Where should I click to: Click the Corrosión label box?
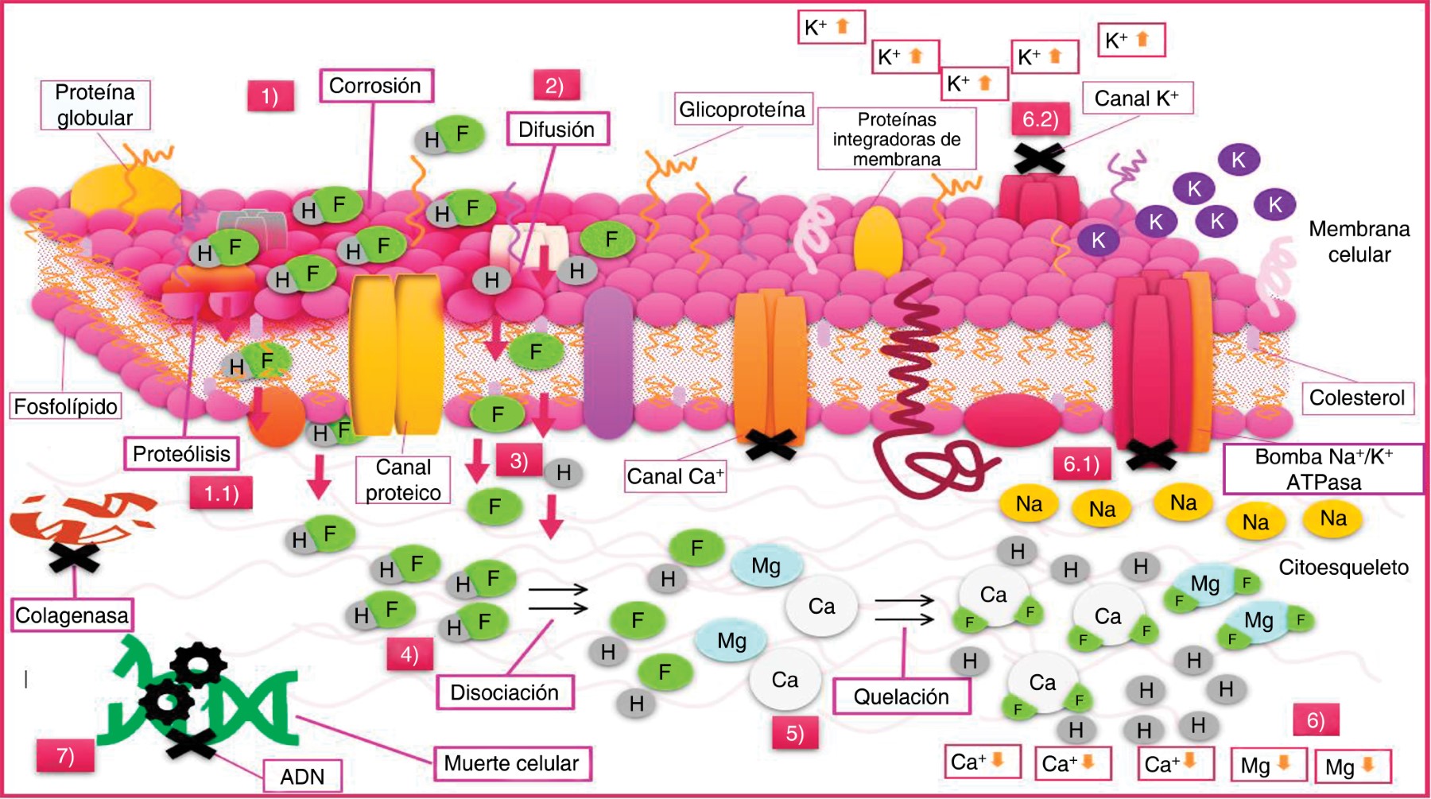(x=376, y=86)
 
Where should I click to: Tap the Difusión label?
(x=557, y=130)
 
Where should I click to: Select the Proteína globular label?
(x=95, y=105)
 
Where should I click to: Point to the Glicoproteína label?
(x=743, y=110)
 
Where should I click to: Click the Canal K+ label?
(x=1137, y=99)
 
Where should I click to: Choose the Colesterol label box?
(x=1357, y=398)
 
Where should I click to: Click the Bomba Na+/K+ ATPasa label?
(x=1323, y=469)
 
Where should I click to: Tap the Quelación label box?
(x=902, y=696)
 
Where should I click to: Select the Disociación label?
(x=505, y=692)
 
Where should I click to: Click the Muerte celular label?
(x=512, y=763)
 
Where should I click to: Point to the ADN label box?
(x=303, y=776)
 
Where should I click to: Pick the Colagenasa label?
(x=72, y=615)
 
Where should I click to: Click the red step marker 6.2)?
(x=1040, y=119)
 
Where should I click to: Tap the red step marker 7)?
(x=65, y=755)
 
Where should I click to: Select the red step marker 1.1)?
(x=221, y=494)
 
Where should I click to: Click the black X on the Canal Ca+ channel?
(x=770, y=445)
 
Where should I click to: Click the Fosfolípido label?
(x=66, y=406)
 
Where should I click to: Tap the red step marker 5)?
(x=795, y=733)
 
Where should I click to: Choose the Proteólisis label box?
(x=182, y=454)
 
